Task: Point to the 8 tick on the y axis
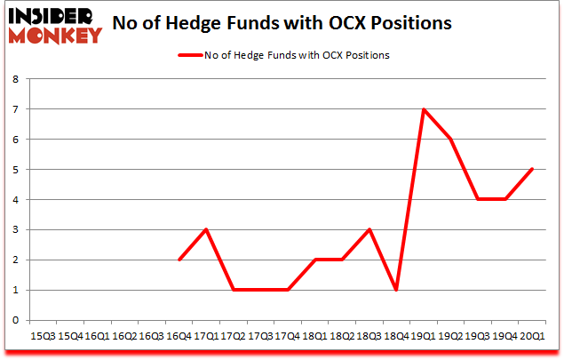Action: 16,79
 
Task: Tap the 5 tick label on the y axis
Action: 16,170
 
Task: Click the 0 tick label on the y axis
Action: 16,320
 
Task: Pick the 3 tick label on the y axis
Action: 16,229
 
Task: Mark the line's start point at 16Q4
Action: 179,260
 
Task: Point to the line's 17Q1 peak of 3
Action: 207,229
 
